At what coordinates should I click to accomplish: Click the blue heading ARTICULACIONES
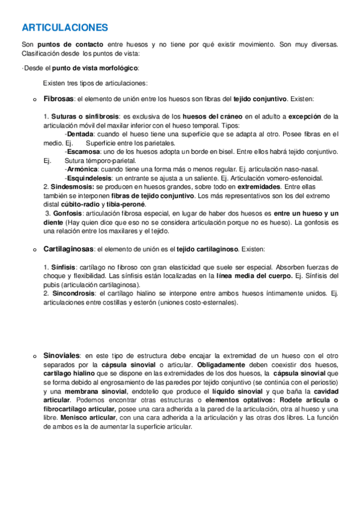pyautogui.click(x=64, y=28)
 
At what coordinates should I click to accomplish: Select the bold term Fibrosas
pyautogui.click(x=58, y=99)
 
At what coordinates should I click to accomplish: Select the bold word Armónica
pyautogui.click(x=81, y=170)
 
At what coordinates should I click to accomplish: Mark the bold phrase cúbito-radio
pyautogui.click(x=81, y=205)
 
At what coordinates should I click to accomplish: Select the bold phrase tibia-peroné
pyautogui.click(x=125, y=205)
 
